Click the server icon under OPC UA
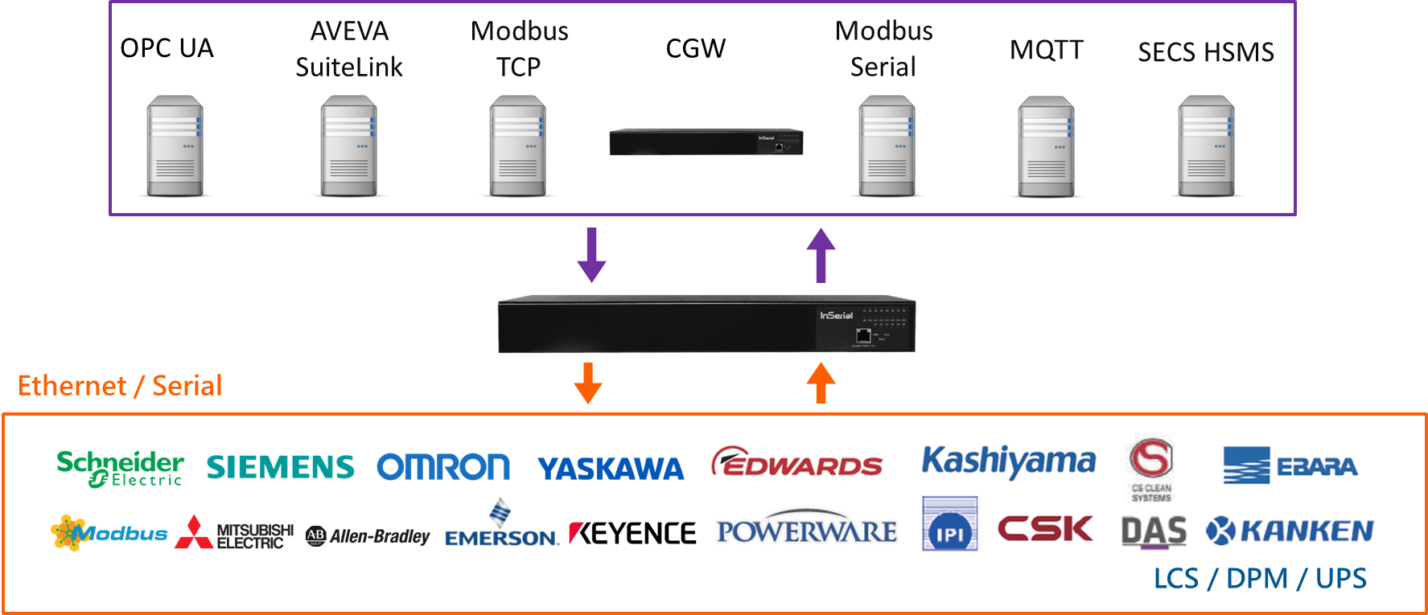point(175,145)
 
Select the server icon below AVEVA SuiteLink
point(349,145)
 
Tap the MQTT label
point(1046,50)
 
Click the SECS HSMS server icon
point(1206,145)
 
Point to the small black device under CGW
point(706,142)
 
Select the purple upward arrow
point(821,255)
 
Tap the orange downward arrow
point(588,383)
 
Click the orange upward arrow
point(821,383)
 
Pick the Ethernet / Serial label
point(120,386)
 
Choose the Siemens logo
point(280,467)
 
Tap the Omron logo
point(443,466)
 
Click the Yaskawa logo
point(611,469)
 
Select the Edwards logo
point(797,461)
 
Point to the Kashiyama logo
point(1008,461)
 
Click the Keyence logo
point(632,533)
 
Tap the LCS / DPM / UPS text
point(1260,579)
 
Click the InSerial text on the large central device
point(836,315)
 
